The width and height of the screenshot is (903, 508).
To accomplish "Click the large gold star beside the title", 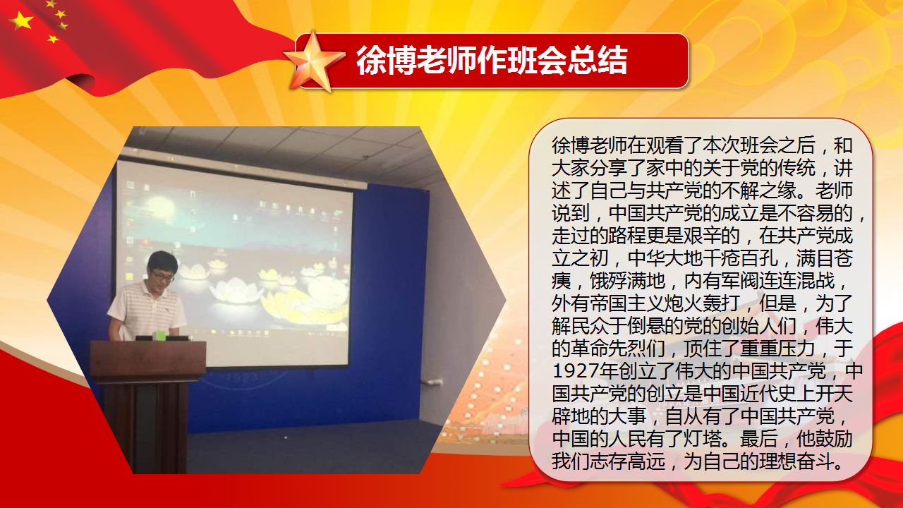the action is (x=314, y=61).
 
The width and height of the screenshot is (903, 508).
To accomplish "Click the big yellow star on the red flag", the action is (x=21, y=20).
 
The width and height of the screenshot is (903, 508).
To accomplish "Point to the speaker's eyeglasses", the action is (x=163, y=276).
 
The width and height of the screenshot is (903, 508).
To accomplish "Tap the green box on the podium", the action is (x=161, y=334).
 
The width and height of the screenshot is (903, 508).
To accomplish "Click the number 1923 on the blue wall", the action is (x=242, y=377).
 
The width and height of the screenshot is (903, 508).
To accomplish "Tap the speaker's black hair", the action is (x=162, y=260).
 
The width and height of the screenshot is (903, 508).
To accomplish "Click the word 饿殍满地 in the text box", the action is (x=627, y=282).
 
